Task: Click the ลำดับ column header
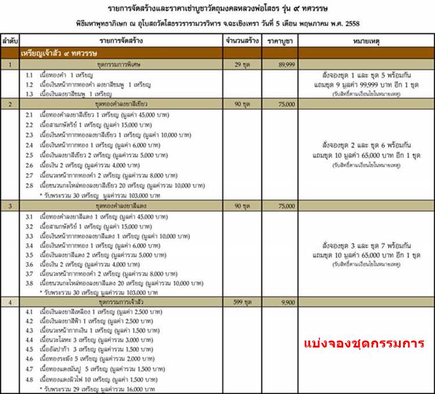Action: pos(10,42)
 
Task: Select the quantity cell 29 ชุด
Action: pos(242,65)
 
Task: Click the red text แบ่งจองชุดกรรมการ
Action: pos(368,343)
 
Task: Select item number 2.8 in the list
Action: pos(30,185)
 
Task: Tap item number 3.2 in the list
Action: pos(30,226)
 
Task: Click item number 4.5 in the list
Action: pos(30,349)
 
